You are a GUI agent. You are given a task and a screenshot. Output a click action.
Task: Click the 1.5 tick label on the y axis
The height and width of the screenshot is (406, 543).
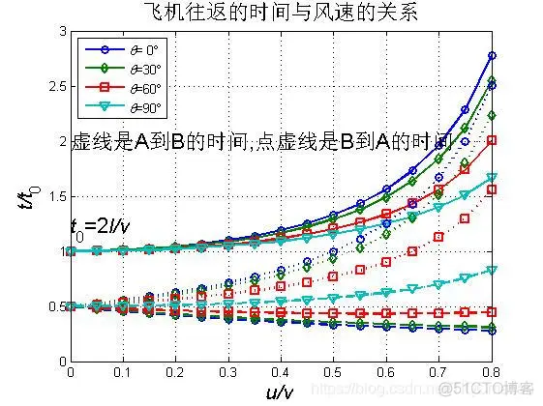pos(57,196)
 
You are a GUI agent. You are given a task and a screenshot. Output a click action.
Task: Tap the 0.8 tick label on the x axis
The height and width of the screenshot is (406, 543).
pos(492,371)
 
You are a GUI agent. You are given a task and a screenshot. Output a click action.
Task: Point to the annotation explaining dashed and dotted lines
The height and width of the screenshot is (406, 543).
pos(261,142)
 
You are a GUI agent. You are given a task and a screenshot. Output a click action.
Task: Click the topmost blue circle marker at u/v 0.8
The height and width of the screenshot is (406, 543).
pos(492,55)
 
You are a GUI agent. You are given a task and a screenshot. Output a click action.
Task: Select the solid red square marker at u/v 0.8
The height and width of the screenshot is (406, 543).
pos(492,140)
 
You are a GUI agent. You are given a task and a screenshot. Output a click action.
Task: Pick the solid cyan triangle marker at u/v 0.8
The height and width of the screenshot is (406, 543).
pos(492,178)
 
